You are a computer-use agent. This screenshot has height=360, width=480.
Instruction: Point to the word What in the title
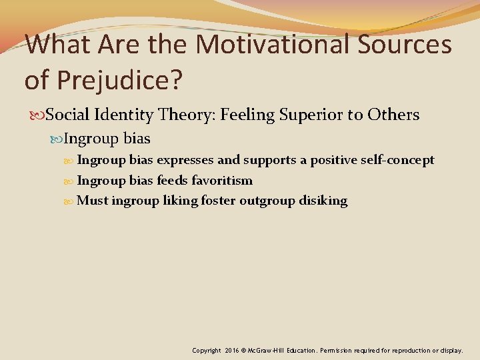(x=61, y=45)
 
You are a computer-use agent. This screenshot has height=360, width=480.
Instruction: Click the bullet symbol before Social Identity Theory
(x=39, y=115)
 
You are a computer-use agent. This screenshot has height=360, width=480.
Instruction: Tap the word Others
(x=394, y=115)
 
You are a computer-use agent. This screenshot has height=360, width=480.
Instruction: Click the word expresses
(x=185, y=160)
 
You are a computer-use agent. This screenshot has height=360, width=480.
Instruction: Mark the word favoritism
(x=222, y=181)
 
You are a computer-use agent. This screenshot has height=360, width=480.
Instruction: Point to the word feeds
(x=172, y=181)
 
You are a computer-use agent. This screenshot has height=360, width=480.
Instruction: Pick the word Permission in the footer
(x=344, y=350)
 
